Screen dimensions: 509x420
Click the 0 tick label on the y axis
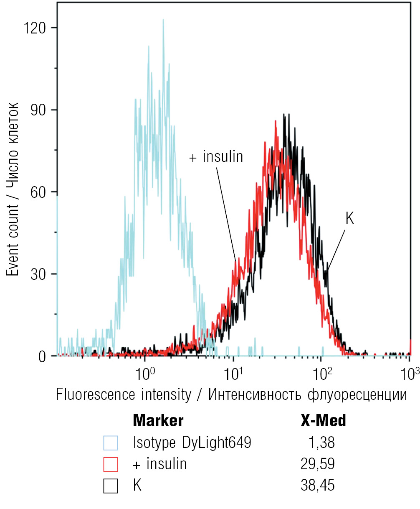[x=42, y=357]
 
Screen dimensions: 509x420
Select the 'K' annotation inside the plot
[x=349, y=219]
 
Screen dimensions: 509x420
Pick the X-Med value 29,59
[x=317, y=464]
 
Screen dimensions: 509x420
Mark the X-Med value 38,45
[x=317, y=486]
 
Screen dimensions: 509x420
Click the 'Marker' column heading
[x=158, y=420]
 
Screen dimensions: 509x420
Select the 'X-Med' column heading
[x=323, y=420]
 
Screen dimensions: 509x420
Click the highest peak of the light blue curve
[x=163, y=20]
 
